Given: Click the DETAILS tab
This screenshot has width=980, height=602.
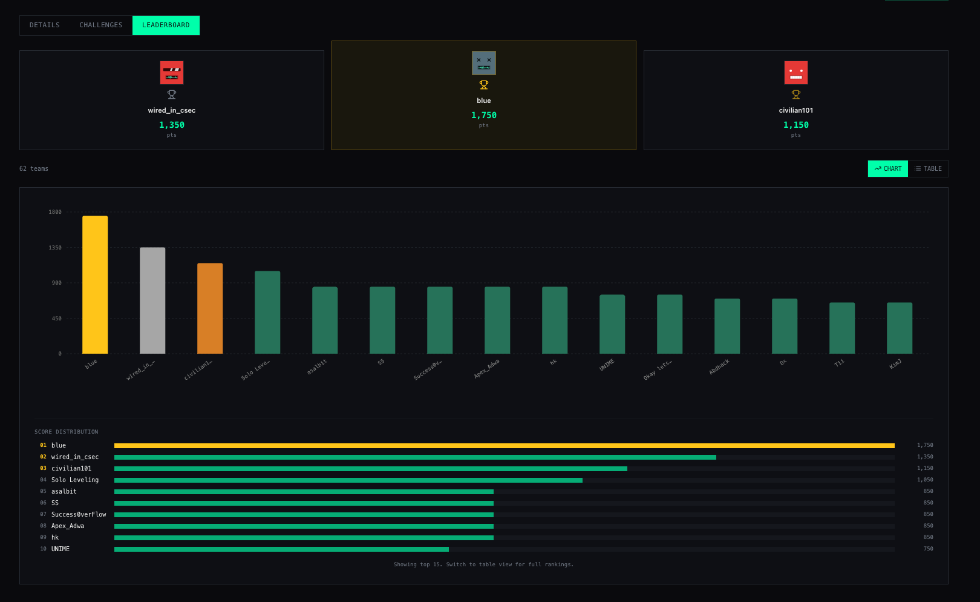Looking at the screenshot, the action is coord(45,25).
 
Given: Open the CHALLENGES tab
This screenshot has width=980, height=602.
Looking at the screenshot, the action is coord(100,25).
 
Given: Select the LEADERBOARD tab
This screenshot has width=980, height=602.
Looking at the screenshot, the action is coord(166,25).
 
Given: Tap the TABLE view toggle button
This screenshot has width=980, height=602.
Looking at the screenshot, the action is coord(928,169).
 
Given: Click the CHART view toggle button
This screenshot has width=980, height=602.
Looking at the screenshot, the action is coord(887,169).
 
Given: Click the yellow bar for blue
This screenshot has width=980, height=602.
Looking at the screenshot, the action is coord(95,285).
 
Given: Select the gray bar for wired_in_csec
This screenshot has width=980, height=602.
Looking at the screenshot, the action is coord(152,300).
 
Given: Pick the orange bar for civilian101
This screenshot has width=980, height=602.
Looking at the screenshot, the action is coord(210,308).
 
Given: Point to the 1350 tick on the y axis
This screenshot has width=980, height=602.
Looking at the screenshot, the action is coord(55,248).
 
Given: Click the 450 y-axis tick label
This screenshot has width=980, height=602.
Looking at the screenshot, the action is coord(57,319).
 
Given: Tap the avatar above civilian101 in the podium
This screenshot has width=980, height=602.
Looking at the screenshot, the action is coord(796,72).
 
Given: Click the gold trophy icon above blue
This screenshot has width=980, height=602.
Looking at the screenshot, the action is coord(483,85).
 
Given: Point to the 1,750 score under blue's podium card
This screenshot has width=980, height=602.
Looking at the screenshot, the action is coord(483,115).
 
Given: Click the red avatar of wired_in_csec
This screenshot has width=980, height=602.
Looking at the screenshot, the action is coord(172,72).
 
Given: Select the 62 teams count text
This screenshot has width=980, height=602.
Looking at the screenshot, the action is coord(34,169).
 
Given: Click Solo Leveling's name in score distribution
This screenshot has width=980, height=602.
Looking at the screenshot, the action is coord(75,480).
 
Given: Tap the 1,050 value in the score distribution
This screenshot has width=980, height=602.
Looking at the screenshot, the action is coord(925,480).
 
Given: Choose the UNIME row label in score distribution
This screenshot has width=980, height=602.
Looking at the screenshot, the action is coord(60,549).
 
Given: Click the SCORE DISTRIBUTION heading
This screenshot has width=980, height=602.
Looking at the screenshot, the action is coord(67,432).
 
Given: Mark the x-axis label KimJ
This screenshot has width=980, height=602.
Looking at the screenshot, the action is coord(895,363).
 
